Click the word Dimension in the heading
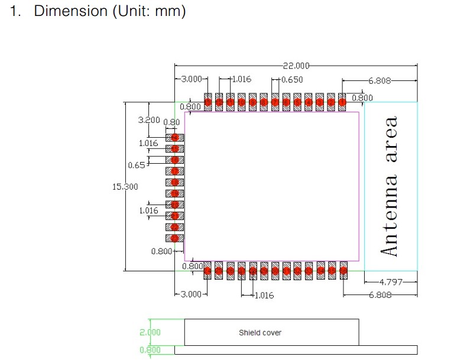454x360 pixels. (71, 12)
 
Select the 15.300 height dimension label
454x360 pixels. (125, 187)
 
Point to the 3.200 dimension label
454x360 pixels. (148, 120)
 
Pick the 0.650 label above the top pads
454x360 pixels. (292, 80)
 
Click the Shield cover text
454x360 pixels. (260, 333)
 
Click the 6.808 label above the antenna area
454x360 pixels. (380, 80)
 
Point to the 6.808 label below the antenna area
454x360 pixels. (380, 294)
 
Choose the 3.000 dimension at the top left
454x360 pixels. (191, 79)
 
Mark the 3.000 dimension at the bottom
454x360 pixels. (191, 294)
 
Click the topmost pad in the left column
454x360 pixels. (174, 137)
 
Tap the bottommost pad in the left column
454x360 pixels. (174, 238)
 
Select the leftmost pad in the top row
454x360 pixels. (208, 102)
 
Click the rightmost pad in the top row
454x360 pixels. (342, 102)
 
